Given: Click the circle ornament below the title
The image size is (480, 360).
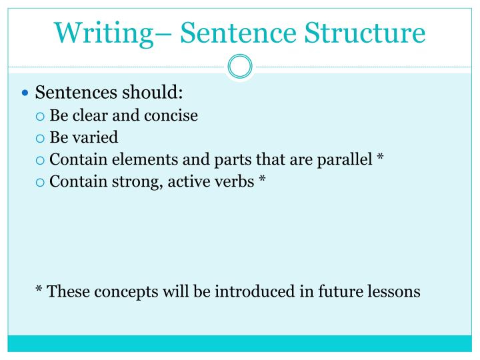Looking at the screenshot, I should tap(240, 67).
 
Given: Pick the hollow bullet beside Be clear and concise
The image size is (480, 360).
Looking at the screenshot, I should tap(40, 116).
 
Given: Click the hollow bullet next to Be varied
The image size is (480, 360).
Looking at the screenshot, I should tap(40, 138).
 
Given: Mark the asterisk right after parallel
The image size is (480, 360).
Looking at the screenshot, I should tap(380, 158).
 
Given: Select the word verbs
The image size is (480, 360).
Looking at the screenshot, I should tap(233, 181).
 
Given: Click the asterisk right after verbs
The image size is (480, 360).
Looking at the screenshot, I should tap(263, 180).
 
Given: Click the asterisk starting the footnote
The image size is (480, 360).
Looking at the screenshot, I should tap(39, 290).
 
